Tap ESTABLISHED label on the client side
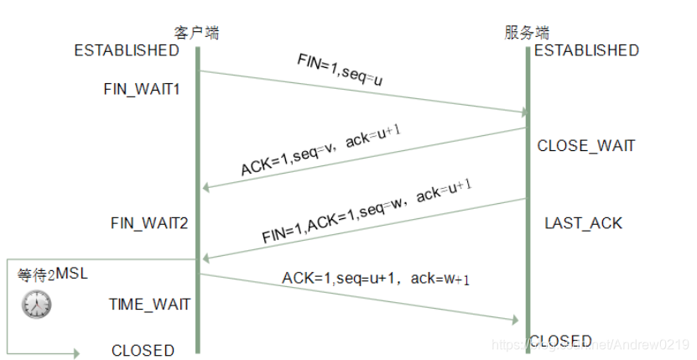(127, 50)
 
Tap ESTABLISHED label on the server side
(586, 50)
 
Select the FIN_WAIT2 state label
(149, 223)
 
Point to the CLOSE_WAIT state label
(586, 146)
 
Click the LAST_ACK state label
(584, 223)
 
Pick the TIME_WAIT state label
(149, 304)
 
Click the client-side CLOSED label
(143, 351)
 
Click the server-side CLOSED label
(560, 341)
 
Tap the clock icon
(36, 304)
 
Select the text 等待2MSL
(53, 275)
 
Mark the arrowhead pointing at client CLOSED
(81, 351)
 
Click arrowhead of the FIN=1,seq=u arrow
(523, 112)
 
